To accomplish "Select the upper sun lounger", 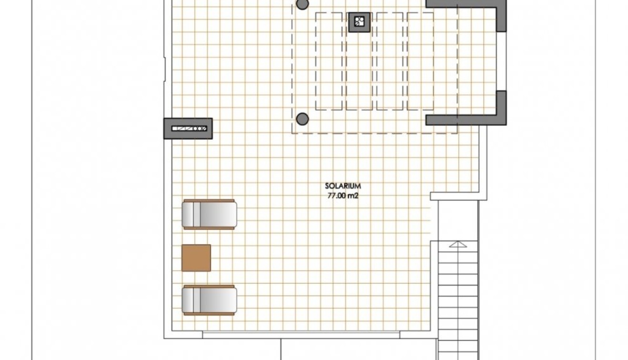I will pos(209,214).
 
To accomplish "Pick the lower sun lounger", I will pos(209,300).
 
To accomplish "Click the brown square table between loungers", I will pos(196,258).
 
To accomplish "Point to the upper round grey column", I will pos(302,4).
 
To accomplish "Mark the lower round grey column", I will pos(302,119).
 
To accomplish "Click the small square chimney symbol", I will pos(359,22).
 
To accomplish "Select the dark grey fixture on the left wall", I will pos(188,129).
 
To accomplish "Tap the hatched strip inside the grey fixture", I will pos(189,129).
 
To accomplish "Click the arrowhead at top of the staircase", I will pos(458,244).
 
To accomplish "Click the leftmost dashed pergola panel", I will pos(329,61).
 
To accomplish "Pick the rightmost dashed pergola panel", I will pos(420,61).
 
